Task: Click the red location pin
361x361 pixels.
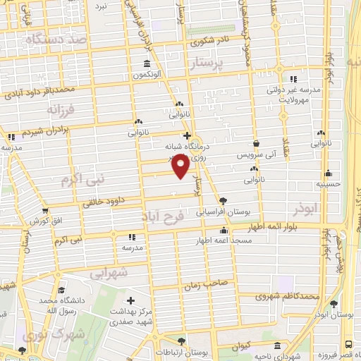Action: [181, 166]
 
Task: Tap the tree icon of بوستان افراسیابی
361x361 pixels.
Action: [224, 200]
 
